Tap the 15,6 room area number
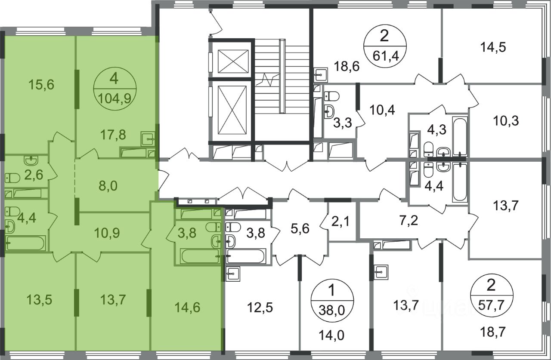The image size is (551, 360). point(41,85)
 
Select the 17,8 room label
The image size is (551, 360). point(113,135)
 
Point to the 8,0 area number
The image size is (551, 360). point(108,186)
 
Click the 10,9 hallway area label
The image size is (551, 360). point(107,233)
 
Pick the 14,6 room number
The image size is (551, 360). point(187,308)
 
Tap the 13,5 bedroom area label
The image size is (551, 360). point(39,300)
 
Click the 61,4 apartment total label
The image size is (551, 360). point(385,56)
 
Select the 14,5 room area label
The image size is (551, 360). point(493,47)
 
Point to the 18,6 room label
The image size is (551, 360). point(347,66)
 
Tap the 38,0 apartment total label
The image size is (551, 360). point(332,311)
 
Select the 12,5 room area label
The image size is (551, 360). point(260,308)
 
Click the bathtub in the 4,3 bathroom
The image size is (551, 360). point(460,137)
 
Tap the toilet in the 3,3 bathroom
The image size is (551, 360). point(331,96)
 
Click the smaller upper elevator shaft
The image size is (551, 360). point(233,62)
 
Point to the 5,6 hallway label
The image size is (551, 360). point(300,229)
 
